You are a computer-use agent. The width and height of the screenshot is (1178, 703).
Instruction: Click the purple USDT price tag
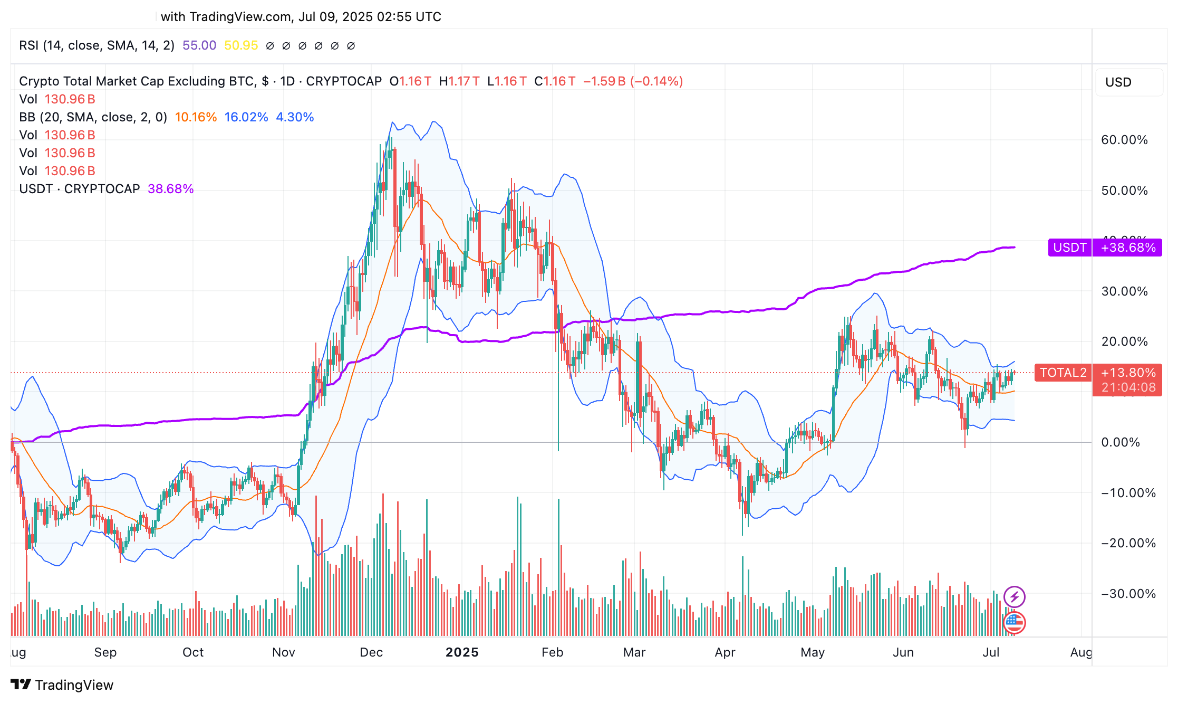click(1069, 248)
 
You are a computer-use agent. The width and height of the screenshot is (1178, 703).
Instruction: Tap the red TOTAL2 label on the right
click(1063, 373)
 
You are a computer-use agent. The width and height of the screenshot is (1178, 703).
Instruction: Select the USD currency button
click(1118, 82)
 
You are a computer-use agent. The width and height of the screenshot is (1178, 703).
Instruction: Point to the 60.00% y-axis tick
click(1124, 140)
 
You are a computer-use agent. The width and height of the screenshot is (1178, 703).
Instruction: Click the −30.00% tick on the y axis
click(1128, 594)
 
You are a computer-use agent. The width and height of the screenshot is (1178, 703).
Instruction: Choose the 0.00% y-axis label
click(1121, 442)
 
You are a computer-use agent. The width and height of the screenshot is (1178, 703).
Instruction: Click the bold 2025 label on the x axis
click(462, 652)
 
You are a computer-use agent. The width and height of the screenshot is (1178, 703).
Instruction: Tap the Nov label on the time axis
click(283, 652)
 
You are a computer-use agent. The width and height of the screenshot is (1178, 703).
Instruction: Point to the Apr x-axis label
click(725, 652)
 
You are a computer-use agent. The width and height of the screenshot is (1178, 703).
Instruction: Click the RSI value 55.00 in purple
click(199, 45)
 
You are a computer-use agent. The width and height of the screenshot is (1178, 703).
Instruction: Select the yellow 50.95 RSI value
click(241, 45)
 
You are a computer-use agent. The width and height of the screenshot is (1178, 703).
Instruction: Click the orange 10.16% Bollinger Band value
click(196, 117)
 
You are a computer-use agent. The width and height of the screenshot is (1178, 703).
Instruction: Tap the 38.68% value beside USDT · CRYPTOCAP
click(170, 189)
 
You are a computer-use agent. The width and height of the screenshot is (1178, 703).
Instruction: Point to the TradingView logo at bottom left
click(62, 685)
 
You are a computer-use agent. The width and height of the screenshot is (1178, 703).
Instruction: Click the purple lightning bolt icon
click(1014, 597)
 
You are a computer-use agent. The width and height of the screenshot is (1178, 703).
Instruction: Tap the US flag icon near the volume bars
click(1015, 623)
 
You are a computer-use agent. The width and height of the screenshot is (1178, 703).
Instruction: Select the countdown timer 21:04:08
click(1128, 387)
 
